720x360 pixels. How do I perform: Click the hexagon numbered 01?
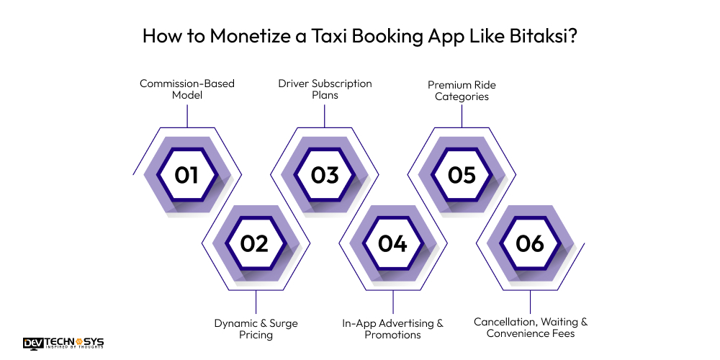click(x=186, y=175)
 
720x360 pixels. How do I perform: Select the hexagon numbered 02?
click(x=255, y=243)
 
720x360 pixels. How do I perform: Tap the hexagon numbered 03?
click(x=325, y=175)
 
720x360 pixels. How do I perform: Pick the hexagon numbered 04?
click(x=392, y=243)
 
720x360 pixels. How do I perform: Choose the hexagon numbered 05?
click(x=462, y=175)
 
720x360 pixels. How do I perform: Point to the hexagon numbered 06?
click(x=530, y=243)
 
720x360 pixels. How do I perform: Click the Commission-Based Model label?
click(x=187, y=89)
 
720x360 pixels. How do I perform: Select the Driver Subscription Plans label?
click(x=325, y=89)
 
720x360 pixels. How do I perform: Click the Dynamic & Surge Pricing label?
click(x=256, y=329)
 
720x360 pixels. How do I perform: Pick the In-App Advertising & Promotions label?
click(x=392, y=329)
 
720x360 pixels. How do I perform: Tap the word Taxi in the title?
click(x=334, y=36)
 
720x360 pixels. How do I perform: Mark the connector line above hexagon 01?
click(x=187, y=116)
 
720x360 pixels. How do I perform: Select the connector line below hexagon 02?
click(x=256, y=302)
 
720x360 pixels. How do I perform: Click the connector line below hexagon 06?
click(x=531, y=302)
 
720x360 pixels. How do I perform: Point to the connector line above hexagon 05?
click(x=462, y=116)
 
